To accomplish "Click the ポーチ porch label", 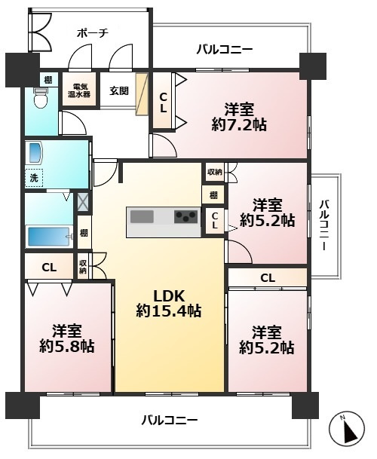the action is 93,33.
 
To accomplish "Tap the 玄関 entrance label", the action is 119,90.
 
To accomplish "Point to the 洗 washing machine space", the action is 34,178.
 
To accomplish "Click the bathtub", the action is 49,237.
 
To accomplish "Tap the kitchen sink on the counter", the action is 142,217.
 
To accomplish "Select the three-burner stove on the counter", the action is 186,217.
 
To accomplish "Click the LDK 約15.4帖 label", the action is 169,304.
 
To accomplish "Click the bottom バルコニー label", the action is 170,421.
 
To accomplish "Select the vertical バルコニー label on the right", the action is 324,225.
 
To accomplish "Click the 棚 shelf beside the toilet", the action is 48,80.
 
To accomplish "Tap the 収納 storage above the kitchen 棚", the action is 215,172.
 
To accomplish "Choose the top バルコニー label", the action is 225,50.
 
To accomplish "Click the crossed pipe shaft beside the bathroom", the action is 83,202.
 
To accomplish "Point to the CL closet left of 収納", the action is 49,268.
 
